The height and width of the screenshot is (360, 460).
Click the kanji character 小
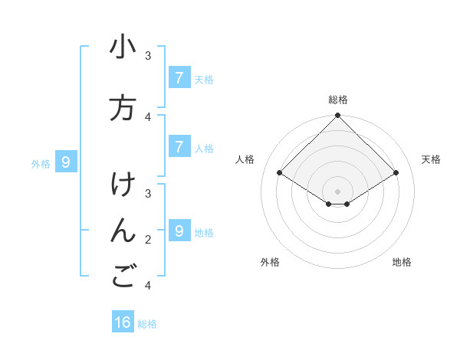(x=123, y=47)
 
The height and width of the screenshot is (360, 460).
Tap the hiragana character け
(x=123, y=186)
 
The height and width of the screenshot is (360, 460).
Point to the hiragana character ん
(x=123, y=232)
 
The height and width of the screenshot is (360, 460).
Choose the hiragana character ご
(x=123, y=278)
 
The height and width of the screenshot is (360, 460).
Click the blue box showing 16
(x=123, y=322)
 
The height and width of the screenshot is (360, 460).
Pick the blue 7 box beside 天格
(x=179, y=77)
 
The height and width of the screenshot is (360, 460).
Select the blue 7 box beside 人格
(x=179, y=146)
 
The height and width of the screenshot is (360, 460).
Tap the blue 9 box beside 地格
(x=179, y=231)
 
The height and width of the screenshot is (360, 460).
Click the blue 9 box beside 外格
(x=66, y=162)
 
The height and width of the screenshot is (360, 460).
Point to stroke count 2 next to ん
(x=148, y=240)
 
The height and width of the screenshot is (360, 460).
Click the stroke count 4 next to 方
(x=148, y=116)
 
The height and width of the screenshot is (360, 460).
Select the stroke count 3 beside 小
(x=148, y=55)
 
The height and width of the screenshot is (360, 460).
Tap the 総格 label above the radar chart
(x=337, y=100)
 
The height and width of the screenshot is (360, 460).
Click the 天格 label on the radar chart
(x=431, y=159)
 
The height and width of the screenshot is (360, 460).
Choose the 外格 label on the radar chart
(x=270, y=262)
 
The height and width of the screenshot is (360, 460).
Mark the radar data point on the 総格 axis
(x=337, y=116)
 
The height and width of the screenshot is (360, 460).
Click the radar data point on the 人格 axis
(x=280, y=173)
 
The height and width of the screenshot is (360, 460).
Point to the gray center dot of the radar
(x=337, y=191)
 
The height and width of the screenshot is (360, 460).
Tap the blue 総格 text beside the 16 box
(x=147, y=324)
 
